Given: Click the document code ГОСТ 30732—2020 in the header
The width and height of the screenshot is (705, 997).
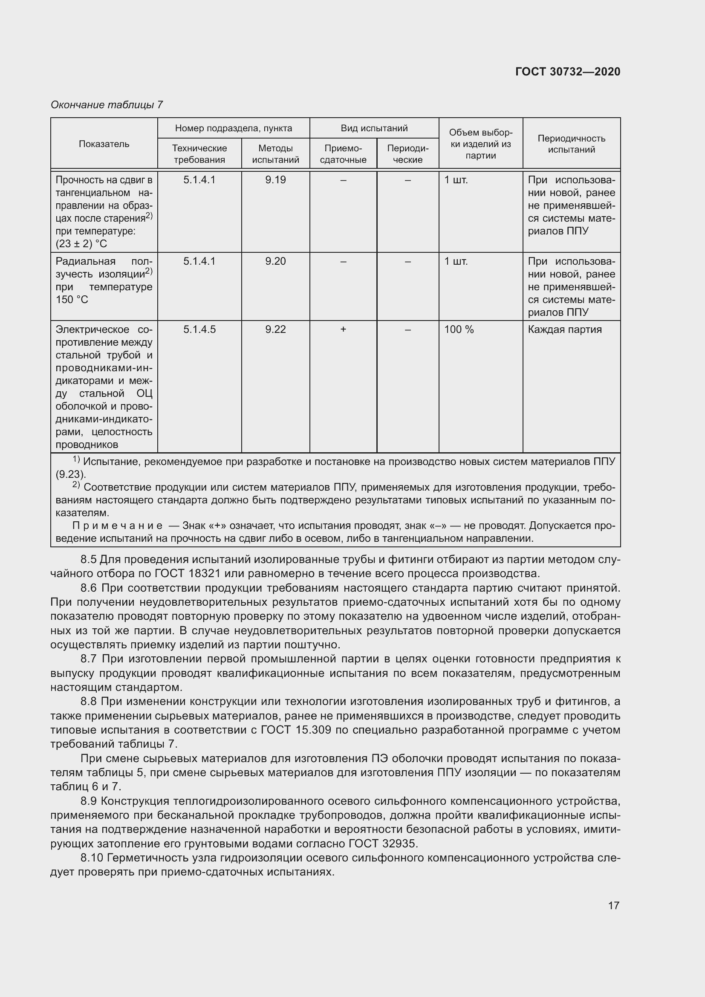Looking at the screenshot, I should tap(568, 72).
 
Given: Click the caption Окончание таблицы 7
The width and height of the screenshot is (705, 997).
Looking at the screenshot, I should tap(107, 105).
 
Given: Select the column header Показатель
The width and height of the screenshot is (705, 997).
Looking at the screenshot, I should tap(104, 144).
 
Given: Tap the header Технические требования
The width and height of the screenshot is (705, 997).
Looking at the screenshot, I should tap(199, 154).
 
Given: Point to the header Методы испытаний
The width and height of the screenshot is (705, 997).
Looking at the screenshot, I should tap(275, 154).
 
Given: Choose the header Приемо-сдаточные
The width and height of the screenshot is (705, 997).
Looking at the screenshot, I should tap(343, 154).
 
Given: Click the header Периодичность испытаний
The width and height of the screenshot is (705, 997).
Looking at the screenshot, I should tap(571, 144).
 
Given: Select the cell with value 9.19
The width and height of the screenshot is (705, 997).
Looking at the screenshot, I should tap(275, 180).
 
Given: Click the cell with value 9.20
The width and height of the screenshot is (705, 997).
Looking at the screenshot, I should tap(275, 261).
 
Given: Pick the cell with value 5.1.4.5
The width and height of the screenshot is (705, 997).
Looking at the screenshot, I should tap(199, 329).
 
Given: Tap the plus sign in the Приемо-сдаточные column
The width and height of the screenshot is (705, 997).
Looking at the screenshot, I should tap(343, 329).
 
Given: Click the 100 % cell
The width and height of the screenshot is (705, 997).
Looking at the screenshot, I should tap(459, 329).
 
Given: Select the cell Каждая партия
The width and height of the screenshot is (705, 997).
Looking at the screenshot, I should tap(564, 329).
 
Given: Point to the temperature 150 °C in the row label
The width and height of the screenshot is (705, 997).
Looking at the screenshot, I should tap(72, 300).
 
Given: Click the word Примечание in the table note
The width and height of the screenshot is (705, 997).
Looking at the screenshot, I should tap(117, 526).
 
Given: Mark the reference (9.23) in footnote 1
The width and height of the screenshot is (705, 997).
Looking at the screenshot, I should tap(71, 474).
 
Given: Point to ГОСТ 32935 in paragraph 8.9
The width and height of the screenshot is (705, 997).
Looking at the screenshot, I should tap(382, 844).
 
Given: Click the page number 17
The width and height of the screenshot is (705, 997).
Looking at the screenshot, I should tap(613, 905).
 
